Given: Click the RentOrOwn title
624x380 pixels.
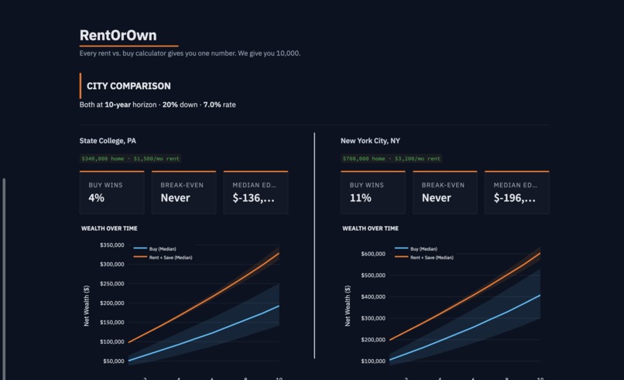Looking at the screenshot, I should (118, 36).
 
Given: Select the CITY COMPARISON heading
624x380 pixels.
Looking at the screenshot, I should (129, 87).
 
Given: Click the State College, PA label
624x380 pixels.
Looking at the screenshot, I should (108, 141).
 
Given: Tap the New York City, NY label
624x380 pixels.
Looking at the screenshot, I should (370, 141).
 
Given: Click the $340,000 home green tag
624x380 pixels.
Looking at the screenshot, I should (130, 159).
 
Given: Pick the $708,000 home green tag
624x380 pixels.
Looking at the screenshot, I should (391, 159).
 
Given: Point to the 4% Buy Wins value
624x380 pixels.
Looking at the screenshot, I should (96, 198).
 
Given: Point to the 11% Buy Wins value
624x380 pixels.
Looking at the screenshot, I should (360, 198).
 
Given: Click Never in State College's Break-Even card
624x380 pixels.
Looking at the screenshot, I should (175, 198).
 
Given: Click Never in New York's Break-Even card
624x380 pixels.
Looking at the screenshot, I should (436, 198).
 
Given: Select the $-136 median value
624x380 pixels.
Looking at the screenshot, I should (253, 198).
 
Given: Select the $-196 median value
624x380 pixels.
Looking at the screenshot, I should (514, 198).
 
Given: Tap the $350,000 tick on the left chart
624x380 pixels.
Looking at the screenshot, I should (112, 245).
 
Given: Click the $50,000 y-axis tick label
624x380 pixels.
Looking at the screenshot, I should (115, 361).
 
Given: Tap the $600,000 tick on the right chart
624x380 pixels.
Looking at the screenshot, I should (373, 254).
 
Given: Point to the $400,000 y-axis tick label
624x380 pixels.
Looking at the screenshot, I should (373, 297).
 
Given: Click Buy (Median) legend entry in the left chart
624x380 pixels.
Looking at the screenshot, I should (163, 249).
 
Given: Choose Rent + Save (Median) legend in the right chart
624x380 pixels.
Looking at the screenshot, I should (431, 257).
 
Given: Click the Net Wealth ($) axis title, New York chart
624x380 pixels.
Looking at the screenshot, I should (348, 305).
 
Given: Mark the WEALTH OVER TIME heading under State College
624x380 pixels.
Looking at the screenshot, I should (109, 228).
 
